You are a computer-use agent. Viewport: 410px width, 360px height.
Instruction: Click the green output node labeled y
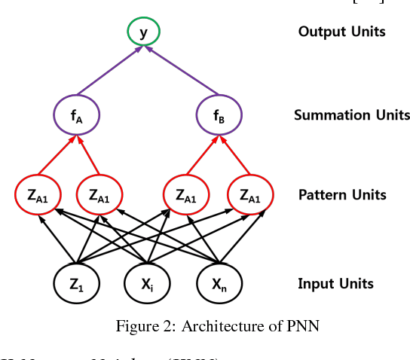pyautogui.click(x=142, y=32)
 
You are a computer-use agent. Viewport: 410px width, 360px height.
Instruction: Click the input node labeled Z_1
pyautogui.click(x=77, y=284)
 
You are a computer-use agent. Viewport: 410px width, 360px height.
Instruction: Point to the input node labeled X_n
pyautogui.click(x=219, y=284)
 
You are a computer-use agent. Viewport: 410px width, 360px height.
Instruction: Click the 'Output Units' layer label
pyautogui.click(x=341, y=32)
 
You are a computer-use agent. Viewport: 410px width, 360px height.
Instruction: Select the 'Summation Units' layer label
pyautogui.click(x=352, y=115)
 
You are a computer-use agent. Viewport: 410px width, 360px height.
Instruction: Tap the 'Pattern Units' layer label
pyautogui.click(x=342, y=195)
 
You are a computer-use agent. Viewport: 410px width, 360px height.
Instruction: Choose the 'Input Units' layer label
pyautogui.click(x=335, y=284)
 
